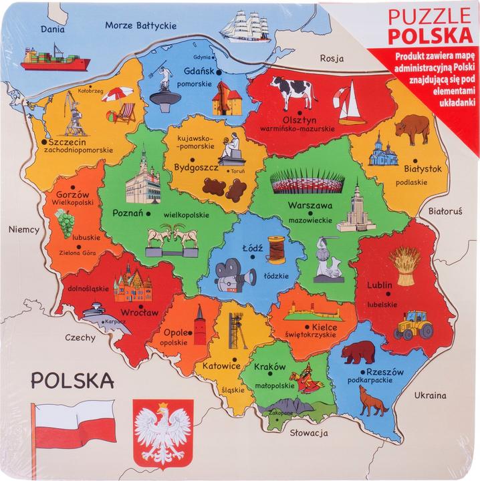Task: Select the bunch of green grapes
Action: tap(64, 221)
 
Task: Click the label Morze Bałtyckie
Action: tap(140, 25)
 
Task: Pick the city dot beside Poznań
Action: tap(148, 214)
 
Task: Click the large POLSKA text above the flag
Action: tap(70, 380)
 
